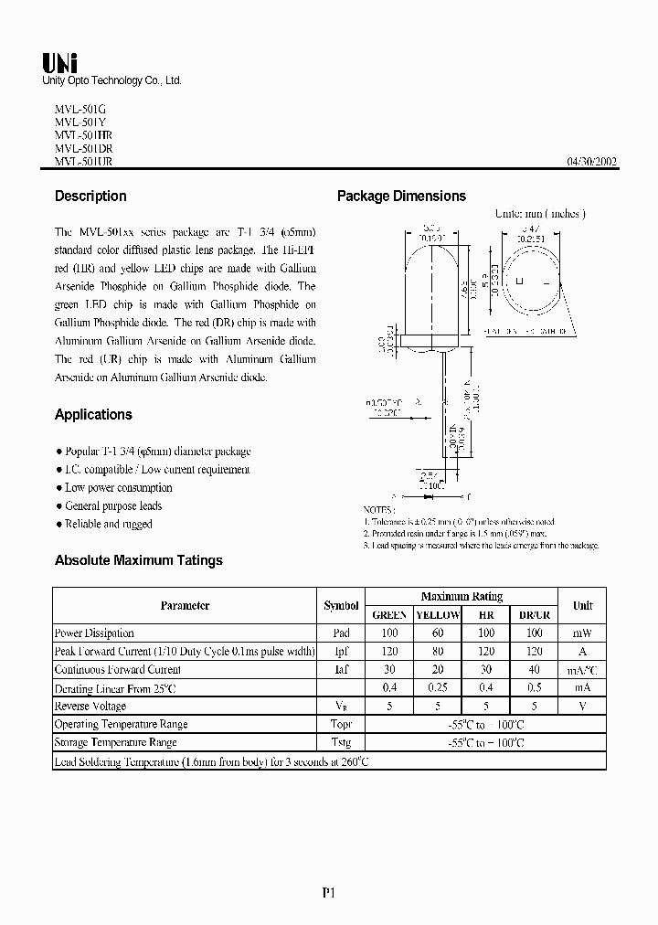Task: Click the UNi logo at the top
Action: pyautogui.click(x=60, y=62)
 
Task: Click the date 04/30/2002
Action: pyautogui.click(x=592, y=162)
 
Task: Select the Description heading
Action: pyautogui.click(x=90, y=196)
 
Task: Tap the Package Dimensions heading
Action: pyautogui.click(x=401, y=196)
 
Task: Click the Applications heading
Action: pyautogui.click(x=93, y=414)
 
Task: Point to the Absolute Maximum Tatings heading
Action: pyautogui.click(x=138, y=560)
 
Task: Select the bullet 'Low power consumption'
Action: pyautogui.click(x=118, y=487)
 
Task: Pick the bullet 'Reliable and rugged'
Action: pyautogui.click(x=108, y=524)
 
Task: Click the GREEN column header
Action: pyautogui.click(x=389, y=615)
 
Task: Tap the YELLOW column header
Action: pyautogui.click(x=438, y=615)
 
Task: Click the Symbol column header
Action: pyautogui.click(x=341, y=605)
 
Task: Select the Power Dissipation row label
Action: pyautogui.click(x=94, y=633)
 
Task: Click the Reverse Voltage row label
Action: pyautogui.click(x=90, y=706)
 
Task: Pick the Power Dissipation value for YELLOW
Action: pyautogui.click(x=438, y=633)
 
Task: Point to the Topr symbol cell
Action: pyautogui.click(x=341, y=724)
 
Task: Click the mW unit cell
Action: pyautogui.click(x=582, y=633)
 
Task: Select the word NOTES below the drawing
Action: pyautogui.click(x=378, y=509)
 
